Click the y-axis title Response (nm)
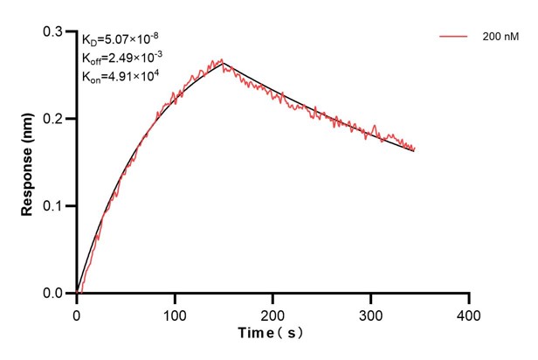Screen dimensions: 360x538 tap(28, 163)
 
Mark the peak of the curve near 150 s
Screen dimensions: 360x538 tap(223, 60)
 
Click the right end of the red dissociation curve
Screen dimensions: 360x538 tap(414, 149)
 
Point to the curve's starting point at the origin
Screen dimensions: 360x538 tap(77, 293)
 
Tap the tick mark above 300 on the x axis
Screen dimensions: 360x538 tap(371, 297)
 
